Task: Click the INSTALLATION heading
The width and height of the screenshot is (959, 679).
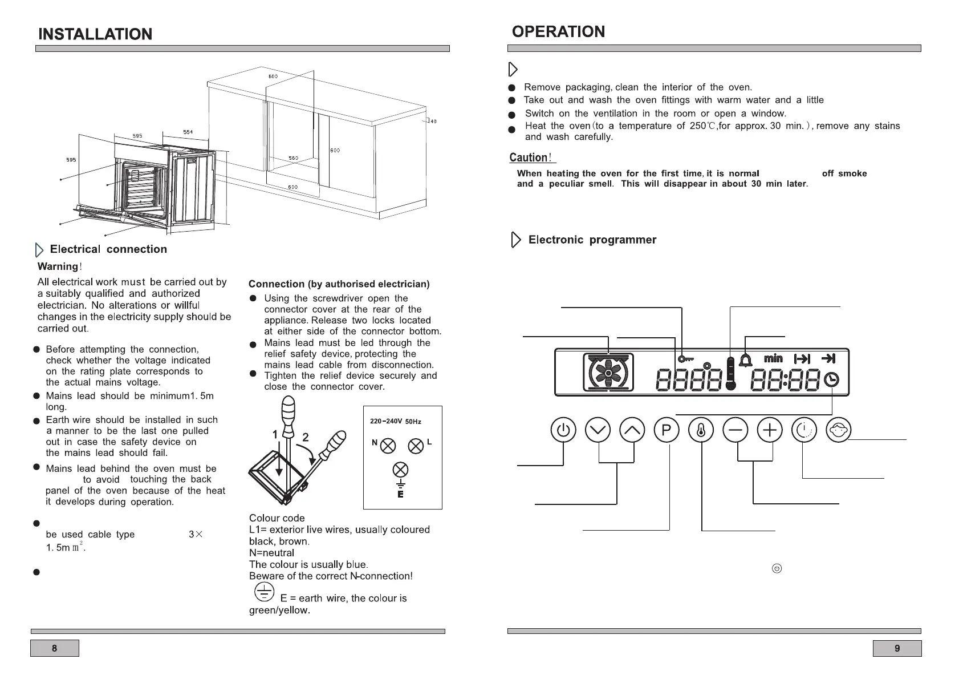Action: click(x=95, y=34)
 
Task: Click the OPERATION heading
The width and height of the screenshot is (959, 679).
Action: click(x=558, y=32)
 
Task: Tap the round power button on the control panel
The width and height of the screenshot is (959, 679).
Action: click(x=563, y=430)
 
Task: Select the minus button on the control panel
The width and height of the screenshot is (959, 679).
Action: click(x=735, y=430)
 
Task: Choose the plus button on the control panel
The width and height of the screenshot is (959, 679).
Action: click(x=770, y=430)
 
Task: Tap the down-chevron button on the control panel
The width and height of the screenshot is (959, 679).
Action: click(x=598, y=430)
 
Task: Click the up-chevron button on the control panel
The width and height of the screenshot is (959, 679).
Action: click(x=632, y=430)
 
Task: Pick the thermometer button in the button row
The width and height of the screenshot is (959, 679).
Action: click(x=701, y=430)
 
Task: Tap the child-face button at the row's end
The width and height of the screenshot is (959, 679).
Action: click(x=839, y=430)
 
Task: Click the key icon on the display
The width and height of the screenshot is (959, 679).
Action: click(x=685, y=359)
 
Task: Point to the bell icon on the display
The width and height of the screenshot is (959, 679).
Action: click(x=745, y=359)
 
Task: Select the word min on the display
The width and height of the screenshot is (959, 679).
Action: click(x=773, y=358)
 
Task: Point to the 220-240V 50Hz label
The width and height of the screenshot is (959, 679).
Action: click(x=396, y=421)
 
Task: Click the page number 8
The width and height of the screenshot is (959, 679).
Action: click(x=54, y=648)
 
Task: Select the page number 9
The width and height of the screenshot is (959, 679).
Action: click(x=897, y=648)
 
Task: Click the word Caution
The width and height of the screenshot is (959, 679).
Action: click(x=529, y=157)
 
